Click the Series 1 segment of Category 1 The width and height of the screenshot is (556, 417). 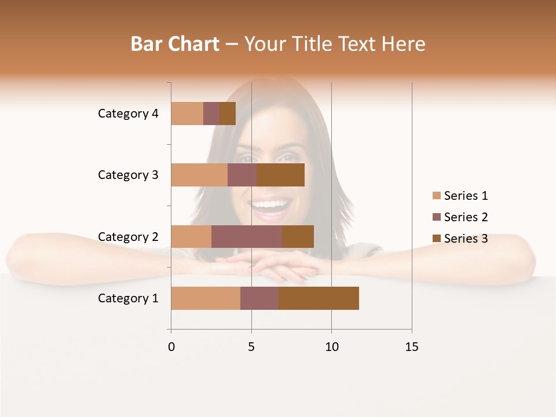click(x=206, y=298)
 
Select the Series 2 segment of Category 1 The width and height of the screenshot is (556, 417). click(x=259, y=298)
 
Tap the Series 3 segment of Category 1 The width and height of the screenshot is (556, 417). click(x=319, y=298)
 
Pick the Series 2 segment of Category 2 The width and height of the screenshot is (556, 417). click(x=247, y=236)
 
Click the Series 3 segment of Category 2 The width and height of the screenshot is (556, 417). click(x=298, y=236)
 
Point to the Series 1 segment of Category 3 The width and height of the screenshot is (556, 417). click(x=199, y=175)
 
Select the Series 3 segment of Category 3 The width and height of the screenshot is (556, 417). click(x=280, y=175)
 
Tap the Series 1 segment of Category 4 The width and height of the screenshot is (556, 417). click(x=187, y=114)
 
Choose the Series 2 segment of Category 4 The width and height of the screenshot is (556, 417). click(x=211, y=114)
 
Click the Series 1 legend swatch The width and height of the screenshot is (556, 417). click(x=437, y=196)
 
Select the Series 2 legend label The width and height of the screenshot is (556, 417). click(x=466, y=217)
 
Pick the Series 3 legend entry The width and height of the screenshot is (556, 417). click(x=460, y=239)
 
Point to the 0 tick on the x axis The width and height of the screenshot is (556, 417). click(x=171, y=347)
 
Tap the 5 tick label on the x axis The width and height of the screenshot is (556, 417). click(x=251, y=347)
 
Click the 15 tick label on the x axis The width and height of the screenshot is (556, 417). click(x=411, y=347)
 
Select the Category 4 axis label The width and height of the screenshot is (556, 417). click(x=128, y=114)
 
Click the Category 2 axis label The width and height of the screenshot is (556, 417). click(x=128, y=236)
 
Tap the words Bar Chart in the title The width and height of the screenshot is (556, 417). click(x=175, y=44)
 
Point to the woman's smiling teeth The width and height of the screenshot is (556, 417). click(x=270, y=204)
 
